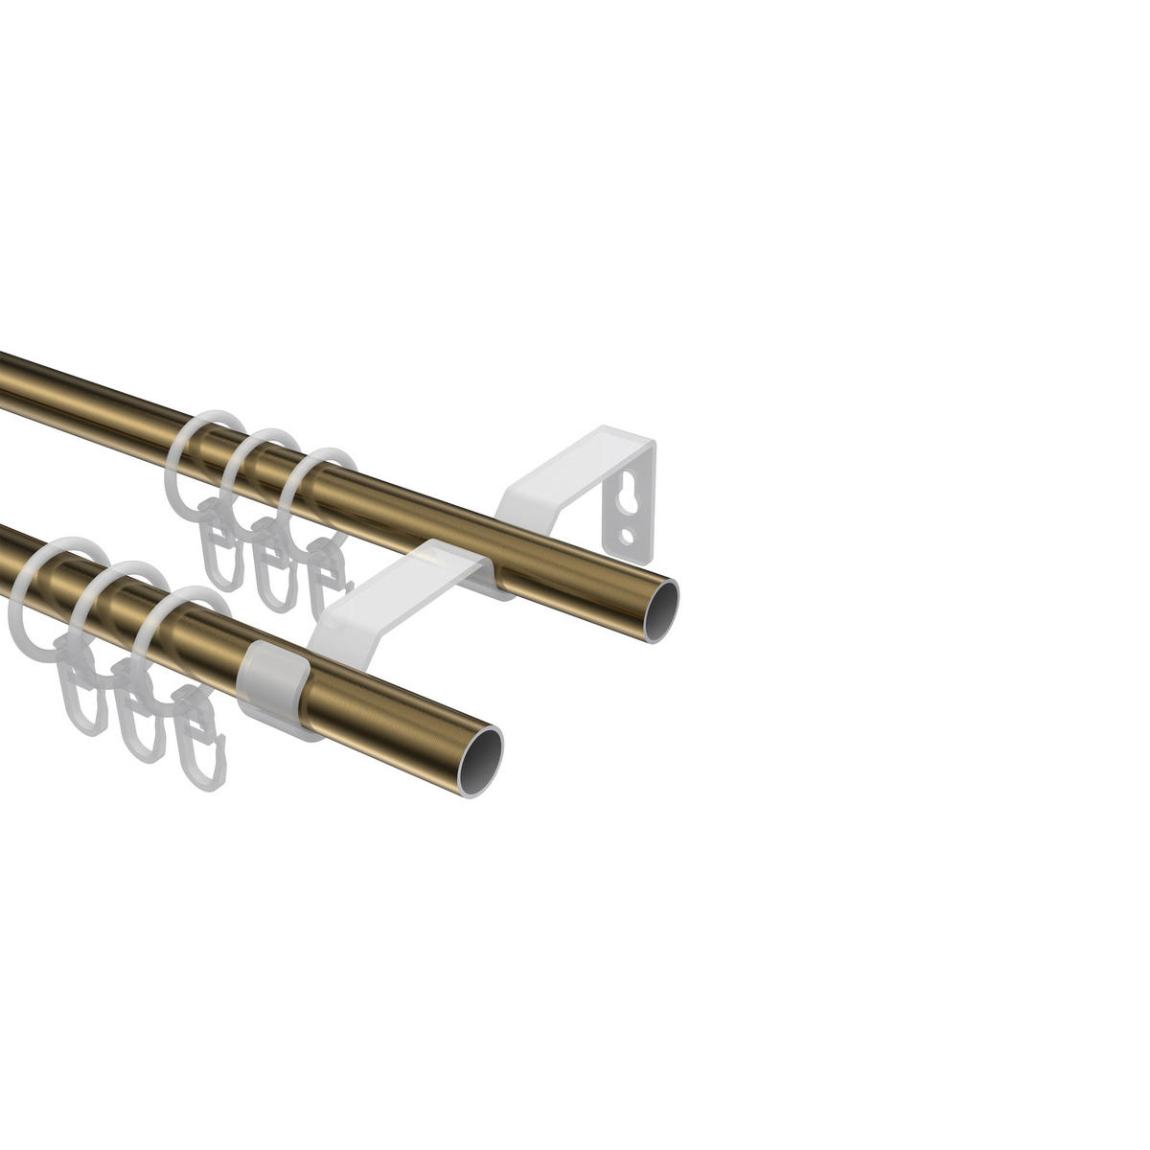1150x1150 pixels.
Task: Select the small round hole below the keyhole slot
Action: (627, 536)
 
